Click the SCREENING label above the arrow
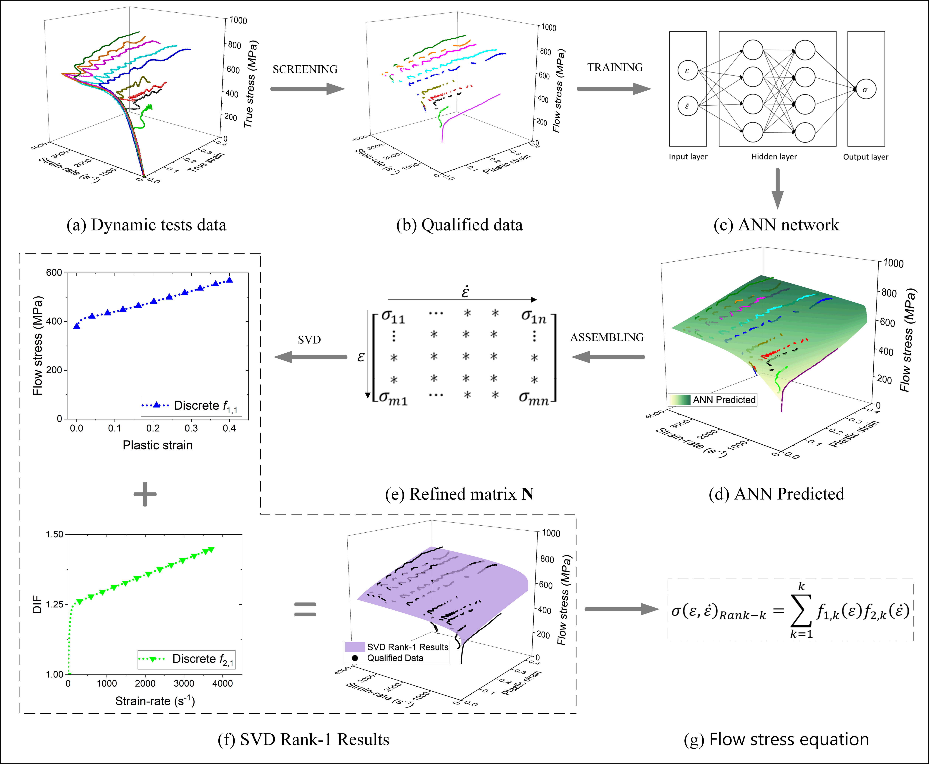click(x=305, y=69)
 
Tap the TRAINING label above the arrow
click(x=615, y=67)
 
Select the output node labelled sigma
click(x=866, y=89)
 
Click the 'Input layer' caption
click(x=688, y=157)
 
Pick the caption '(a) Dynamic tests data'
click(x=146, y=225)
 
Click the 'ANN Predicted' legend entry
click(x=724, y=400)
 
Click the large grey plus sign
click(x=145, y=494)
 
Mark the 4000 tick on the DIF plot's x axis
click(x=222, y=683)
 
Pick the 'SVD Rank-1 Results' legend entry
click(x=407, y=647)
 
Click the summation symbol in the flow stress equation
click(x=801, y=612)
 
